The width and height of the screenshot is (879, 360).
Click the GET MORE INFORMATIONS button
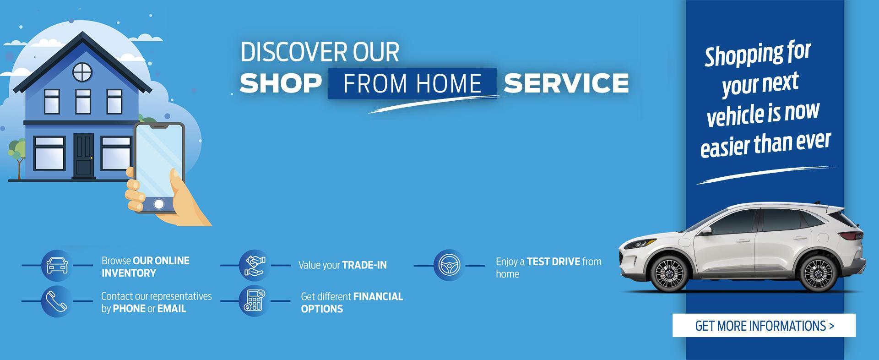(x=764, y=326)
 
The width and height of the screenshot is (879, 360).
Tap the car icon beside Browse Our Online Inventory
(x=57, y=265)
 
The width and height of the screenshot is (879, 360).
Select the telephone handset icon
(x=57, y=301)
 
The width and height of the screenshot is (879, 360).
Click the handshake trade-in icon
(x=255, y=265)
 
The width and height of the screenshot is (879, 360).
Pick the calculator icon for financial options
(x=255, y=301)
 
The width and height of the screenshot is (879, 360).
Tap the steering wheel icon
(x=449, y=265)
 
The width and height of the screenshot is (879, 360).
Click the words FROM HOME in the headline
(x=412, y=83)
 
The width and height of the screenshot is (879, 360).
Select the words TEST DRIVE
(x=553, y=262)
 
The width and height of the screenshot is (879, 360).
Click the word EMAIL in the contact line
(x=172, y=309)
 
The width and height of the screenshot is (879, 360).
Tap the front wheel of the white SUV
(x=669, y=273)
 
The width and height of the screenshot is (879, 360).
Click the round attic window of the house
(x=82, y=72)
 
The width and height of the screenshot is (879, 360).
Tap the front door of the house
(x=84, y=155)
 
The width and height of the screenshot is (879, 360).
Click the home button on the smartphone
(x=159, y=204)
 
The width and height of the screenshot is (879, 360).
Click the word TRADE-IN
(x=364, y=265)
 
